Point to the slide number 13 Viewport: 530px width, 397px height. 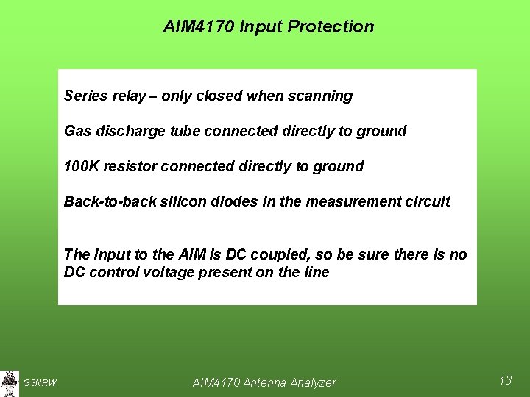(505, 380)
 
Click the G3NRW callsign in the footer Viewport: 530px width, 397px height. (40, 382)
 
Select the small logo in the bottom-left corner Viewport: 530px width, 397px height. (10, 382)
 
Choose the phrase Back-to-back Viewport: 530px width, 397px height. (109, 201)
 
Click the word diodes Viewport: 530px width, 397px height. (233, 201)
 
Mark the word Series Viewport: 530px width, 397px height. (84, 96)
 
